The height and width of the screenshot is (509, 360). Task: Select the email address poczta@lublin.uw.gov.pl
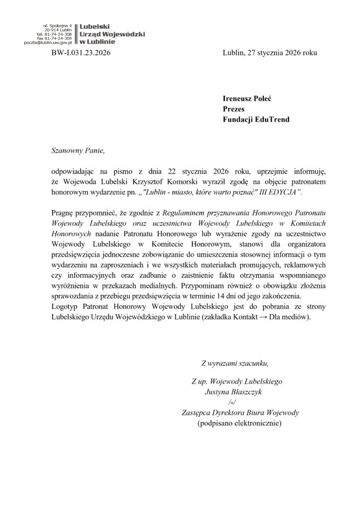(48, 43)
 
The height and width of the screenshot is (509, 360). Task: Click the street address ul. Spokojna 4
(58, 25)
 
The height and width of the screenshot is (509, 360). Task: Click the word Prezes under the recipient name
(233, 109)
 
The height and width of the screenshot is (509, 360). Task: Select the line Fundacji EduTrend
(256, 119)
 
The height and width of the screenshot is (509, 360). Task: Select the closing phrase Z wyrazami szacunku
(234, 362)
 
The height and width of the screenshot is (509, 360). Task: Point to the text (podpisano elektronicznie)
(239, 423)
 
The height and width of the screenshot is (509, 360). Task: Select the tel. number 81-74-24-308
(58, 34)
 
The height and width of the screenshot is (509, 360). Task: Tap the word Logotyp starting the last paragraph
(67, 307)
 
